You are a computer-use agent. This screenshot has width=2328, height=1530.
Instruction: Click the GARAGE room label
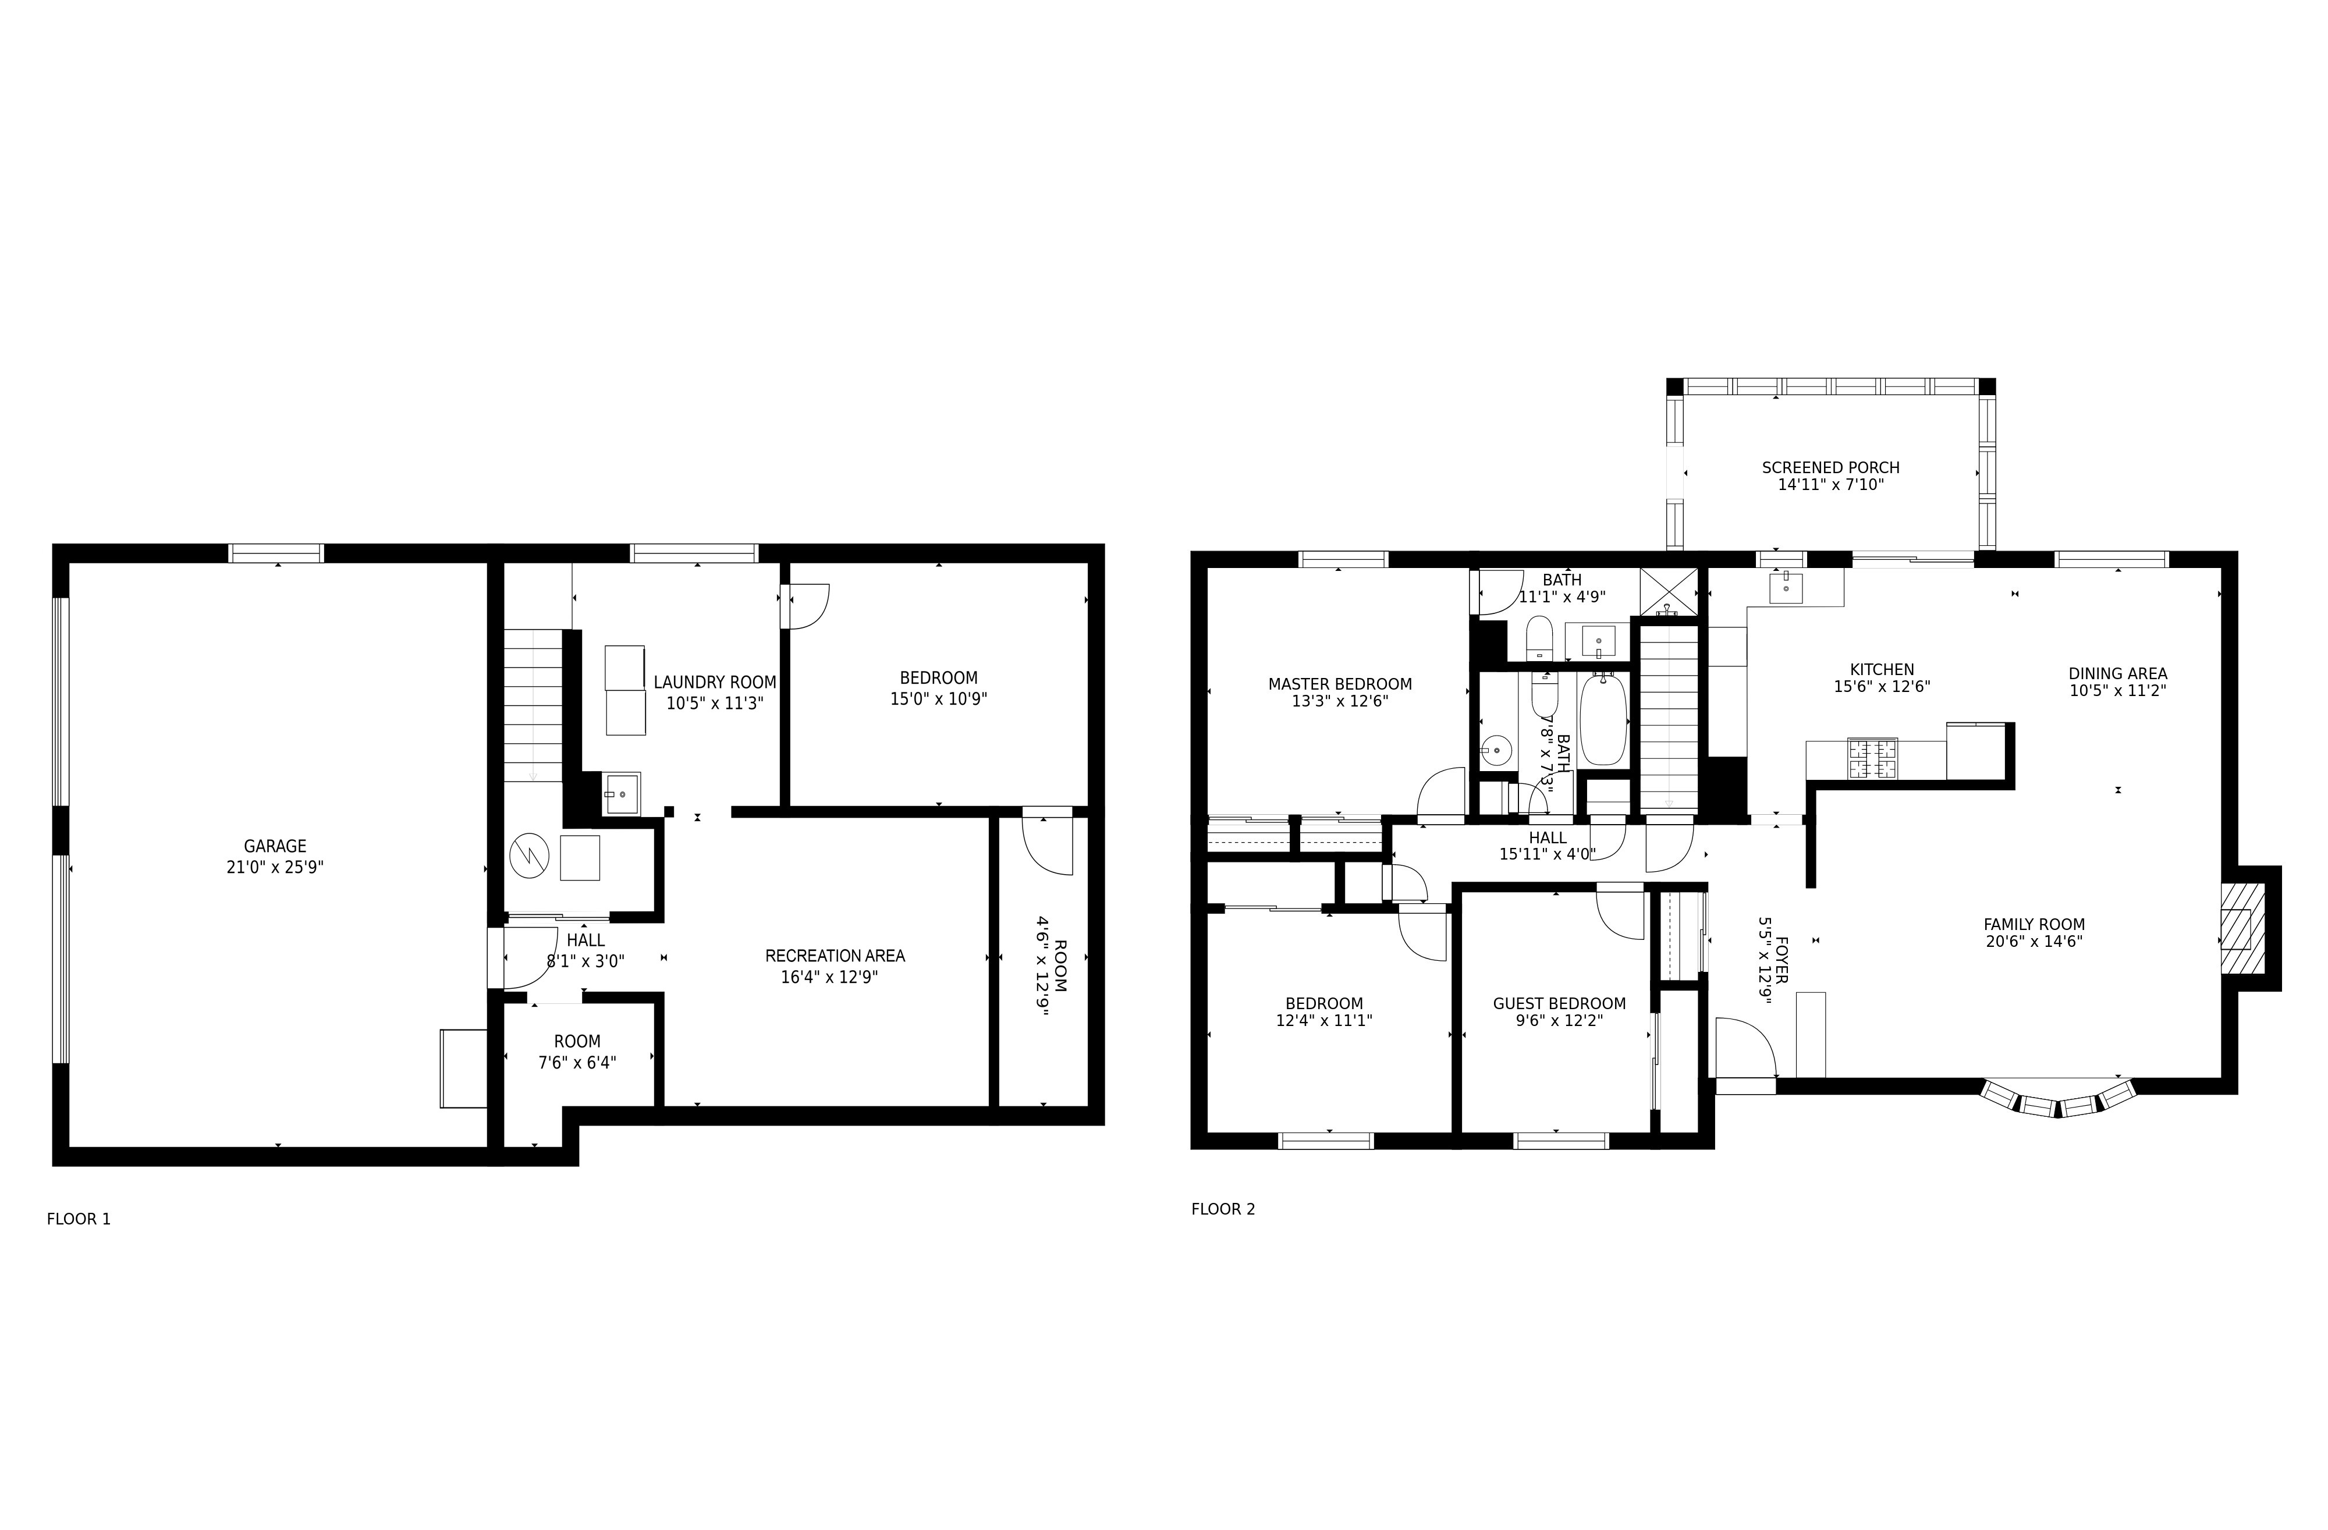pos(275,846)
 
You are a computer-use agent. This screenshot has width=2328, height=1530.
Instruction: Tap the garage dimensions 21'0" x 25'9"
pos(275,867)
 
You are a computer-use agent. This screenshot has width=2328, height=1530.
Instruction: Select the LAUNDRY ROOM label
pos(715,683)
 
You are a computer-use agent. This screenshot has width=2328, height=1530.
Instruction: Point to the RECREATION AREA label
pos(835,956)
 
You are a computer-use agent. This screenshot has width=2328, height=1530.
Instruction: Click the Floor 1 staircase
pos(533,704)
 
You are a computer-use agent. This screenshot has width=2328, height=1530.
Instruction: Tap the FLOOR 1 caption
pos(78,1219)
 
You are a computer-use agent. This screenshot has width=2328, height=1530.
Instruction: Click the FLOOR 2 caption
pos(1223,1209)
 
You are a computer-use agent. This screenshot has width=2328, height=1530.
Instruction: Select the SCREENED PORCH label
pos(1830,467)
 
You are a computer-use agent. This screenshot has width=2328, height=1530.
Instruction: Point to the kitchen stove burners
pos(1871,759)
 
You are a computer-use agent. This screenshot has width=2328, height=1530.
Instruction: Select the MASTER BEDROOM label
pos(1339,684)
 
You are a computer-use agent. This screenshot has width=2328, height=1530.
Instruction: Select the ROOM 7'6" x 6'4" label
pos(577,1042)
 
